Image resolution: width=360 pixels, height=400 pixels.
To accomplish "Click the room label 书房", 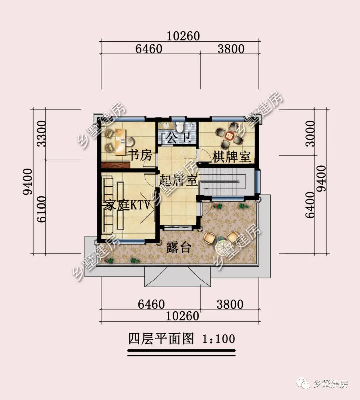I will [x=140, y=155].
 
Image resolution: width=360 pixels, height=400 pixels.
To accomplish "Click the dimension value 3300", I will [x=42, y=134].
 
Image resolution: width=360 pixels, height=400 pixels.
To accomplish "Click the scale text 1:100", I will [x=218, y=339].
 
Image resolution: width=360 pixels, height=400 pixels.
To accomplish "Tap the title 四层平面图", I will [x=161, y=339].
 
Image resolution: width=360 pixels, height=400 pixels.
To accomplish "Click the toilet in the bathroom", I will [x=180, y=127].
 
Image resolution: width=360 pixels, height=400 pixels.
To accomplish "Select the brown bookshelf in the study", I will [x=115, y=165].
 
